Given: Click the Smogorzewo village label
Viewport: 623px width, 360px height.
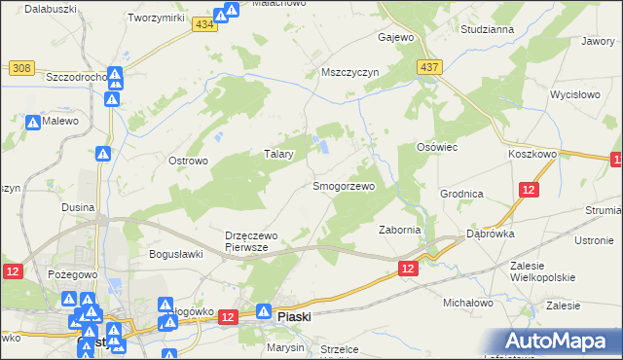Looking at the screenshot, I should [x=343, y=185].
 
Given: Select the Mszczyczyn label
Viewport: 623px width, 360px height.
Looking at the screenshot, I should [x=348, y=72].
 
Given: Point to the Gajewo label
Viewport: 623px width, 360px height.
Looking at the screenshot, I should [x=396, y=38].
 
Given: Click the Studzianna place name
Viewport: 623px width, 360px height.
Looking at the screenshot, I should [x=488, y=29].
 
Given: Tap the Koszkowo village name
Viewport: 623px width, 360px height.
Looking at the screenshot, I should [x=531, y=154].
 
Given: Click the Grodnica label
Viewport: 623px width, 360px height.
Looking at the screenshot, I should [x=461, y=194].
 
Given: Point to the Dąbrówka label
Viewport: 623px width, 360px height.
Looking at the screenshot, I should [x=490, y=234].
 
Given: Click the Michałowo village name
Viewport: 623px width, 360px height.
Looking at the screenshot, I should [x=469, y=304].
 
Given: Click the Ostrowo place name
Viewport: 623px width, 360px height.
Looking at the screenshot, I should [x=189, y=161].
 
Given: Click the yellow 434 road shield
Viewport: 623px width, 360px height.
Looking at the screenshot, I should [x=202, y=24].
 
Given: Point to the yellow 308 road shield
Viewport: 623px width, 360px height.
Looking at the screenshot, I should [x=21, y=68].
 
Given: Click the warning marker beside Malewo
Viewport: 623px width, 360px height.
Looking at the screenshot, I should [x=33, y=124].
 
